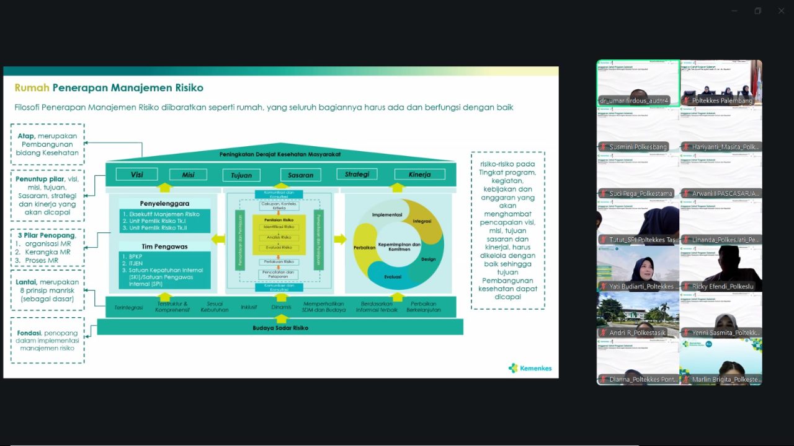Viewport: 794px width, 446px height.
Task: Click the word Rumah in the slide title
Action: click(x=32, y=88)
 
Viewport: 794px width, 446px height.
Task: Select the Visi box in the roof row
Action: click(x=136, y=175)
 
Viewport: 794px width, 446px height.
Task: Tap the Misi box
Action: click(x=188, y=175)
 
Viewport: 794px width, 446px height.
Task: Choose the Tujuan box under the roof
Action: click(x=241, y=175)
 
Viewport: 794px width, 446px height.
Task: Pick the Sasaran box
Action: click(x=300, y=175)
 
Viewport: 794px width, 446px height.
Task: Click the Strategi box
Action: click(x=357, y=174)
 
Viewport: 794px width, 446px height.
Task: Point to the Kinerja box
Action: click(x=419, y=175)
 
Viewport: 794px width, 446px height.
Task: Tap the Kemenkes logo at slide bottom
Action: click(x=530, y=368)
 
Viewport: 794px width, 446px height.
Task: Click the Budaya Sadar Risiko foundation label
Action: click(x=280, y=328)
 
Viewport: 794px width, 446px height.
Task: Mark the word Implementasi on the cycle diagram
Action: click(x=388, y=215)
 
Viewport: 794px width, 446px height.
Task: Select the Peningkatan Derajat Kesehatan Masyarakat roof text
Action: click(x=280, y=154)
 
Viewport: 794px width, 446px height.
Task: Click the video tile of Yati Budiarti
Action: click(x=638, y=268)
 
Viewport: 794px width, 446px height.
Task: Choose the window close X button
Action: click(x=781, y=11)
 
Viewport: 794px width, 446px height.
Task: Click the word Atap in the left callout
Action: click(x=25, y=136)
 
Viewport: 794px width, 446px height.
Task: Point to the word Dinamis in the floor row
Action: click(x=281, y=307)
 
